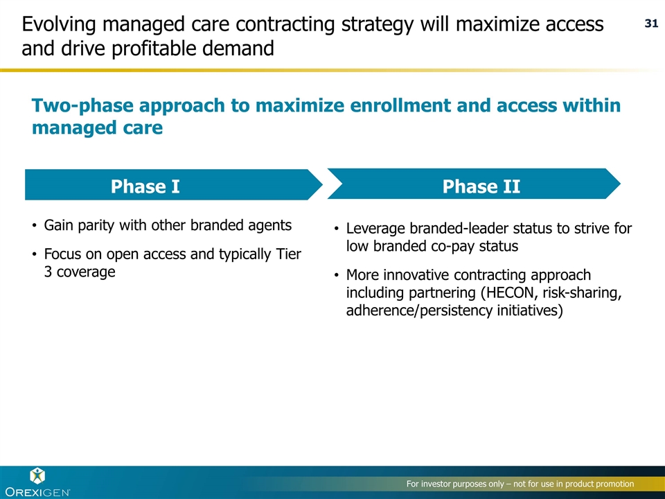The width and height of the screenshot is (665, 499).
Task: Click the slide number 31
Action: (651, 24)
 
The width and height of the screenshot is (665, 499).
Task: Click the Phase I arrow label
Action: (145, 186)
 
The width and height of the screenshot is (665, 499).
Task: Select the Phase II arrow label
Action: (481, 186)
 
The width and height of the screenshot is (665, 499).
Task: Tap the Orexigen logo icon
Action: (37, 476)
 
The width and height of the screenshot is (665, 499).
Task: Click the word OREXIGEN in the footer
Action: (37, 492)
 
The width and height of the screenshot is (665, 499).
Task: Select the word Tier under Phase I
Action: (288, 254)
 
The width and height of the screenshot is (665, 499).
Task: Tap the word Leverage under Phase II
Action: (375, 229)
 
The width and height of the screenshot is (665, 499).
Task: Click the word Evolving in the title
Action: (59, 24)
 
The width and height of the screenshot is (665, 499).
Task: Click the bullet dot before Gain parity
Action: (35, 225)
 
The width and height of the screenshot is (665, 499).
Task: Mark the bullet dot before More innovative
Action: (337, 275)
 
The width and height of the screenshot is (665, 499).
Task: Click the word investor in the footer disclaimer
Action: (436, 484)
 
